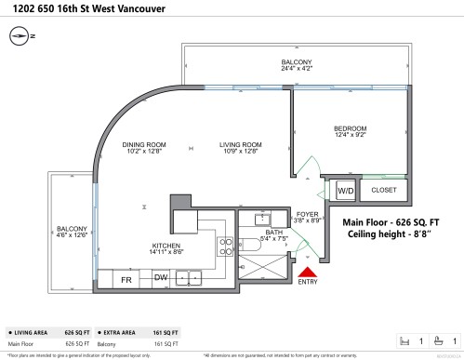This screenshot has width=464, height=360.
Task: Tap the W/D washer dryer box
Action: click(x=345, y=191)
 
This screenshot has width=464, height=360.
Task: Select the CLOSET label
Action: click(x=383, y=191)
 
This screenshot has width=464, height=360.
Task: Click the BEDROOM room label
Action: click(x=351, y=128)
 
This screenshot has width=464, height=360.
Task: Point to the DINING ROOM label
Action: click(x=144, y=144)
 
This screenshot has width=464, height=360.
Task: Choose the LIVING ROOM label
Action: click(x=240, y=144)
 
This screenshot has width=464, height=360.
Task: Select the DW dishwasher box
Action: click(x=160, y=277)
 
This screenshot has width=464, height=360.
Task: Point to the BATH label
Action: click(x=273, y=232)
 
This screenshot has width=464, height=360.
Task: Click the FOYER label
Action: click(x=308, y=214)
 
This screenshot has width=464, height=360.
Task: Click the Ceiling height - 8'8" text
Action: click(x=389, y=234)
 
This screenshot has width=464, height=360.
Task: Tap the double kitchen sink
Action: click(x=191, y=277)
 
